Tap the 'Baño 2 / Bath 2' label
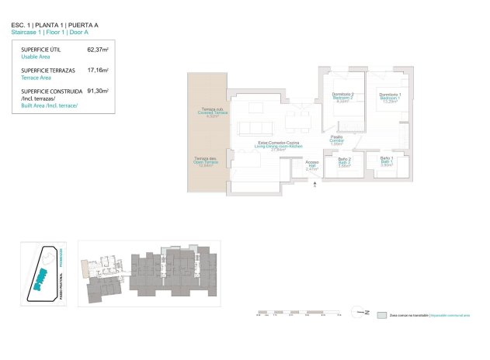(344, 161)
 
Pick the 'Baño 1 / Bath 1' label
(387, 161)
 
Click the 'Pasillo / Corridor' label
(336, 139)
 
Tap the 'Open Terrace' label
(206, 161)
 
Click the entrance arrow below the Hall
(312, 184)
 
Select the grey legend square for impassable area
(381, 317)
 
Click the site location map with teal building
(43, 271)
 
